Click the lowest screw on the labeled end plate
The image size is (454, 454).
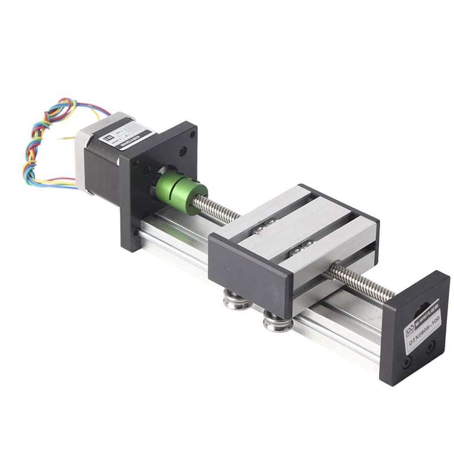coord(407,361)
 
